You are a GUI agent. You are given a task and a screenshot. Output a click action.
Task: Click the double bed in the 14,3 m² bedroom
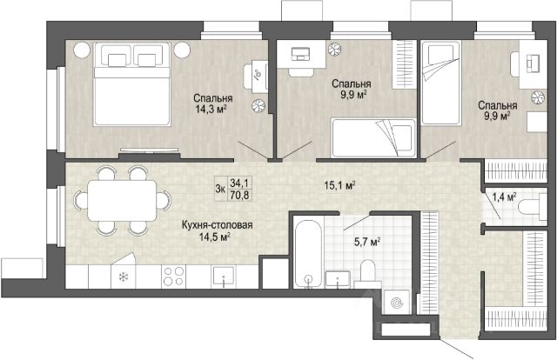tap(132, 83)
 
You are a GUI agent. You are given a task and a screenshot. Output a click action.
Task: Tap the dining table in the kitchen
tap(122, 201)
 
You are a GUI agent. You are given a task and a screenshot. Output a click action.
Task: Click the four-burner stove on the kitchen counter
tap(174, 277)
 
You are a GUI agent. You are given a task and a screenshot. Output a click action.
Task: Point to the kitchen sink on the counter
tap(223, 277)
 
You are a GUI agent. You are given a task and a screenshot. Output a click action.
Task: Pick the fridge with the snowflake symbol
tap(124, 277)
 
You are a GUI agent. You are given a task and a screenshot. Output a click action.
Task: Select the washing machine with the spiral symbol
tap(397, 302)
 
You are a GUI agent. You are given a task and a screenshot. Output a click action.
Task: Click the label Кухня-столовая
tap(217, 225)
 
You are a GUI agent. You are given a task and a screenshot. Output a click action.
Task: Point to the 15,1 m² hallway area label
tap(340, 185)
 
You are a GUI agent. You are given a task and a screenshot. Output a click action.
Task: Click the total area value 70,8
tap(239, 195)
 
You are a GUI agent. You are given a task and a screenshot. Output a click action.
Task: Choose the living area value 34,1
tap(239, 183)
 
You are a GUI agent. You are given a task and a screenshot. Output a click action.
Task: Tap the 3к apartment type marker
tap(220, 189)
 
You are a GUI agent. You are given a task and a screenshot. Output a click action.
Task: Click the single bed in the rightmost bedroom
tap(441, 83)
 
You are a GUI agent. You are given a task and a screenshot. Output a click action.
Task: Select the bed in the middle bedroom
tap(373, 137)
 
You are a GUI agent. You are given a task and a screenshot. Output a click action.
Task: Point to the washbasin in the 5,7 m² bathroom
tap(337, 279)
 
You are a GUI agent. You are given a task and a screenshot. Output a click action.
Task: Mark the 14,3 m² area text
tap(211, 109)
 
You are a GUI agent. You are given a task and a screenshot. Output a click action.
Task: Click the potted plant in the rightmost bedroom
tap(538, 97)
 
